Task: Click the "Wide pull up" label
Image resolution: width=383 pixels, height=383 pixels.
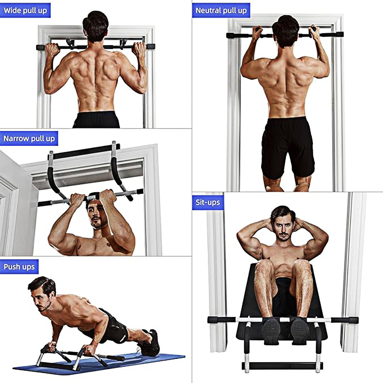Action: tap(25, 11)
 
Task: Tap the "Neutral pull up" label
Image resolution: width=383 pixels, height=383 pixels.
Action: tap(221, 11)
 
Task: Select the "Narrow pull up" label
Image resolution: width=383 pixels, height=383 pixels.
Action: tap(29, 138)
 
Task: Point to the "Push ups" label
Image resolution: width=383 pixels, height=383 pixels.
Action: tap(19, 266)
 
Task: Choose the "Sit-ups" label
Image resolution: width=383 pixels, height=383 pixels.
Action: tap(208, 202)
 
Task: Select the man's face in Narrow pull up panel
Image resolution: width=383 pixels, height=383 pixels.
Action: tap(97, 216)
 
